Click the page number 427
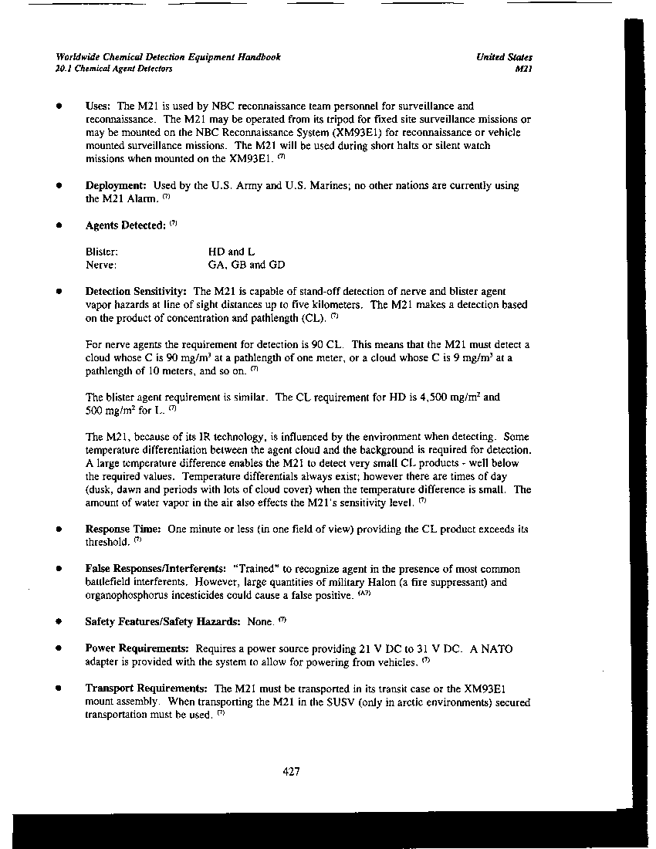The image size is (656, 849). click(x=291, y=772)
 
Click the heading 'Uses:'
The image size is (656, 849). click(x=99, y=106)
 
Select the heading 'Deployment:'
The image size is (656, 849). click(x=116, y=186)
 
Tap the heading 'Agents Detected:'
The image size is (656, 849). click(x=125, y=225)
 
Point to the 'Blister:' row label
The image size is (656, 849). click(x=101, y=252)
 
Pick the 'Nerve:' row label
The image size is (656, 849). click(x=100, y=265)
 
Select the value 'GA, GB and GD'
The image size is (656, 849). click(x=246, y=265)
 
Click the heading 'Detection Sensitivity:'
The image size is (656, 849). click(x=136, y=291)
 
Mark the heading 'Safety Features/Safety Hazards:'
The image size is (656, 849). click(x=162, y=621)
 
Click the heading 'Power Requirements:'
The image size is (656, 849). click(x=137, y=649)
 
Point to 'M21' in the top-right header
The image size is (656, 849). click(x=523, y=69)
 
